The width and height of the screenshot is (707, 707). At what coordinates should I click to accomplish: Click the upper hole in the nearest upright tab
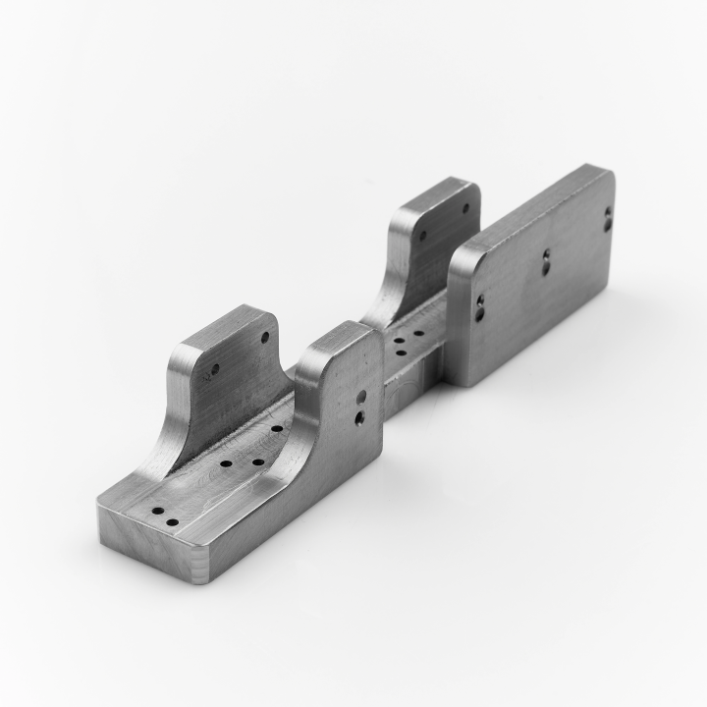pyautogui.click(x=265, y=337)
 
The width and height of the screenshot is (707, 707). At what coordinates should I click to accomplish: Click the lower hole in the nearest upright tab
pyautogui.click(x=215, y=370)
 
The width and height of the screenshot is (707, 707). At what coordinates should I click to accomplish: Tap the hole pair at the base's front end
pyautogui.click(x=164, y=517)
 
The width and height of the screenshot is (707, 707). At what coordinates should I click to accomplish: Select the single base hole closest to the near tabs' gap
pyautogui.click(x=277, y=429)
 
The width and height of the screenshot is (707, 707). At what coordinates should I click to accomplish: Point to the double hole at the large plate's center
pyautogui.click(x=546, y=259)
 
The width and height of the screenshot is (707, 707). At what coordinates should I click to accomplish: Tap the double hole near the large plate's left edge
pyautogui.click(x=479, y=308)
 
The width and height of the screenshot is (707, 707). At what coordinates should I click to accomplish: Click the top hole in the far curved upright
pyautogui.click(x=465, y=208)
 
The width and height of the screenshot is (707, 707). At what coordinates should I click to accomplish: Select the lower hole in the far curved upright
pyautogui.click(x=423, y=236)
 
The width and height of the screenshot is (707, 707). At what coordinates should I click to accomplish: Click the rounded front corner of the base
pyautogui.click(x=201, y=570)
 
